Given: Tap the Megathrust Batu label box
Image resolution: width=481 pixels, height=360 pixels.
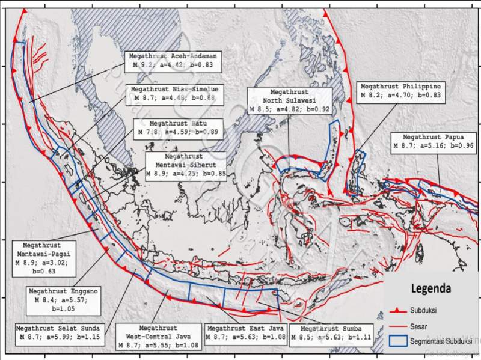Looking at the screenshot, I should (x=177, y=127).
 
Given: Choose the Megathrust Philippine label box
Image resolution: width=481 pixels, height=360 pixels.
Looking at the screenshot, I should (x=400, y=91).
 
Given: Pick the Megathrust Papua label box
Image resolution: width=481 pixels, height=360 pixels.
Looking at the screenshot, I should (x=433, y=141).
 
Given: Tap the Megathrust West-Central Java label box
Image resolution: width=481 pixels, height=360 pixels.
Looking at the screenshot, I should (x=158, y=337).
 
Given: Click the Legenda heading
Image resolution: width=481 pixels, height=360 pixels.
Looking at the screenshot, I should (x=430, y=288).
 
